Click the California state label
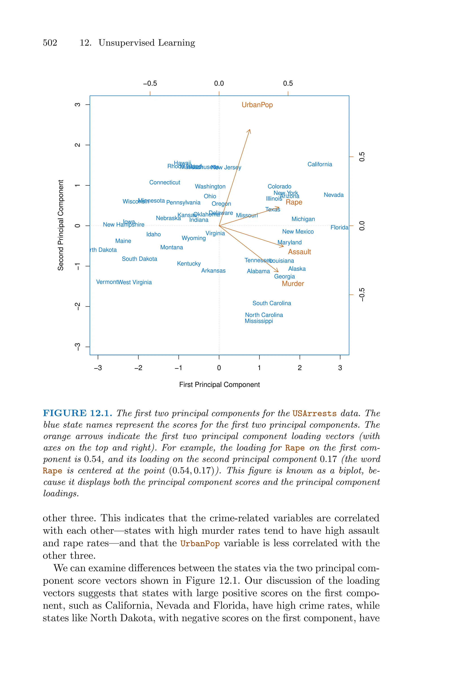[x=320, y=164]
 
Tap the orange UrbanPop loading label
[x=257, y=105]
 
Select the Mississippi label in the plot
[x=259, y=321]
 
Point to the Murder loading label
[x=293, y=284]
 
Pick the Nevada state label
[x=333, y=195]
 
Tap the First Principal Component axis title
[x=219, y=385]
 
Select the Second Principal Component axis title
[x=61, y=225]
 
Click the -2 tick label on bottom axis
[x=138, y=368]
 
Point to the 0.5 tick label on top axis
[x=288, y=83]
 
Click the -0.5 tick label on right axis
[x=362, y=295]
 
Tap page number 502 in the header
[x=50, y=43]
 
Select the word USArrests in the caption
[x=314, y=414]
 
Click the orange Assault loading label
[x=299, y=252]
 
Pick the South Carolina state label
[x=272, y=303]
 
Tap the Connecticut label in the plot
[x=165, y=182]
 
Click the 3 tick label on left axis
[x=78, y=105]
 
